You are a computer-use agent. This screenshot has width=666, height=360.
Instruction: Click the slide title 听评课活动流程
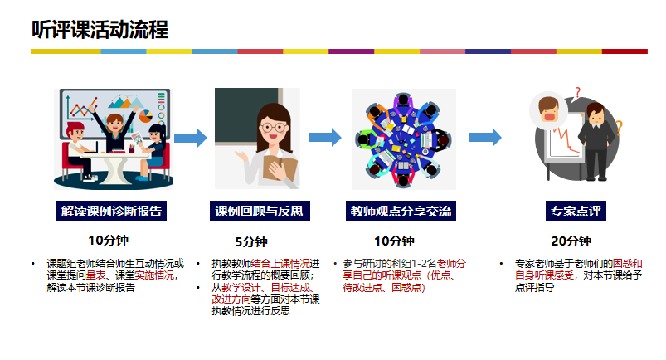100,30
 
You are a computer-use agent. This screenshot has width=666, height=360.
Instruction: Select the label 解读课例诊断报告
111,211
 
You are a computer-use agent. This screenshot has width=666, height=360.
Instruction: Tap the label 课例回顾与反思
260,211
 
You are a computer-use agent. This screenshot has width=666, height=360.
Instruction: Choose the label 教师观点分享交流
401,211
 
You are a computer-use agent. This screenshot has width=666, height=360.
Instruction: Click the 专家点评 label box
576,211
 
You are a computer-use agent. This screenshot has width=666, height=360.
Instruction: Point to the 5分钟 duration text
251,242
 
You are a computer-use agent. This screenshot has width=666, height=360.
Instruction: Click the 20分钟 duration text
571,241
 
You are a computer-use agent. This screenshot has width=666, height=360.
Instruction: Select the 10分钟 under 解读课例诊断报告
108,241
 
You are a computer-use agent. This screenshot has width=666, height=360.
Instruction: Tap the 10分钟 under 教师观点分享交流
394,241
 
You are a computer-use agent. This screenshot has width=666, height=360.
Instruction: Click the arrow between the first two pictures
191,138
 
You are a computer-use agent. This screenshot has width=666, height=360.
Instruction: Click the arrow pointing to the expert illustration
485,138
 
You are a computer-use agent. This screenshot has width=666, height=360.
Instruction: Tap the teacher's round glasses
273,127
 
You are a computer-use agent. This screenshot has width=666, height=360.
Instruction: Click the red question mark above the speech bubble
577,92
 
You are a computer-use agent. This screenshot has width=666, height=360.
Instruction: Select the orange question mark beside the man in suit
619,128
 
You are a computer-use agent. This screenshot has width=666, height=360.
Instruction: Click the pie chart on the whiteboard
145,116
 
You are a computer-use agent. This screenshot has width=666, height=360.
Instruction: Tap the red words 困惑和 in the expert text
627,264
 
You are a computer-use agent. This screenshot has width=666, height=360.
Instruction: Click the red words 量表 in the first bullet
96,275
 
